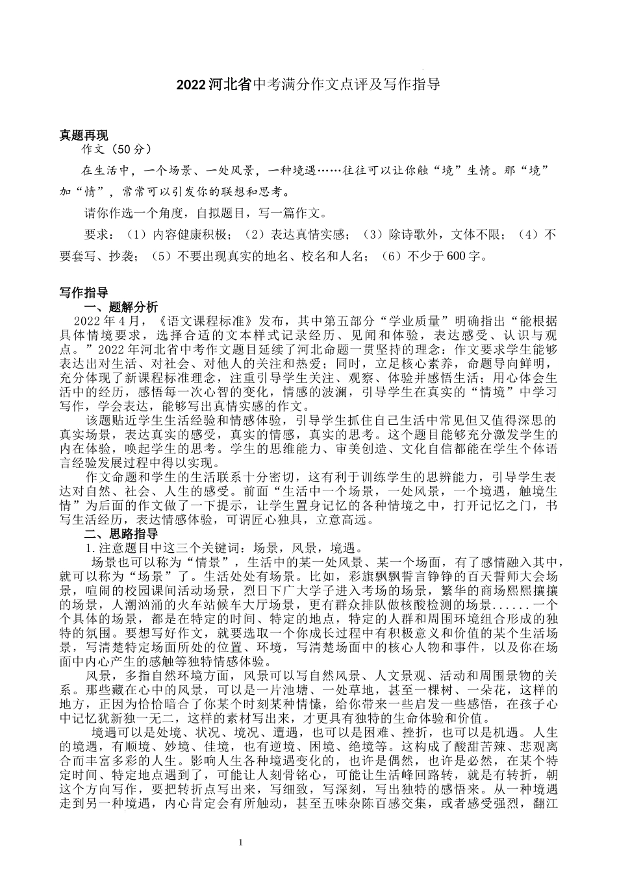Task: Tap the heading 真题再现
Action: (x=84, y=136)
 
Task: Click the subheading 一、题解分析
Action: (x=121, y=308)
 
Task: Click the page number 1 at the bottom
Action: (x=241, y=843)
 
